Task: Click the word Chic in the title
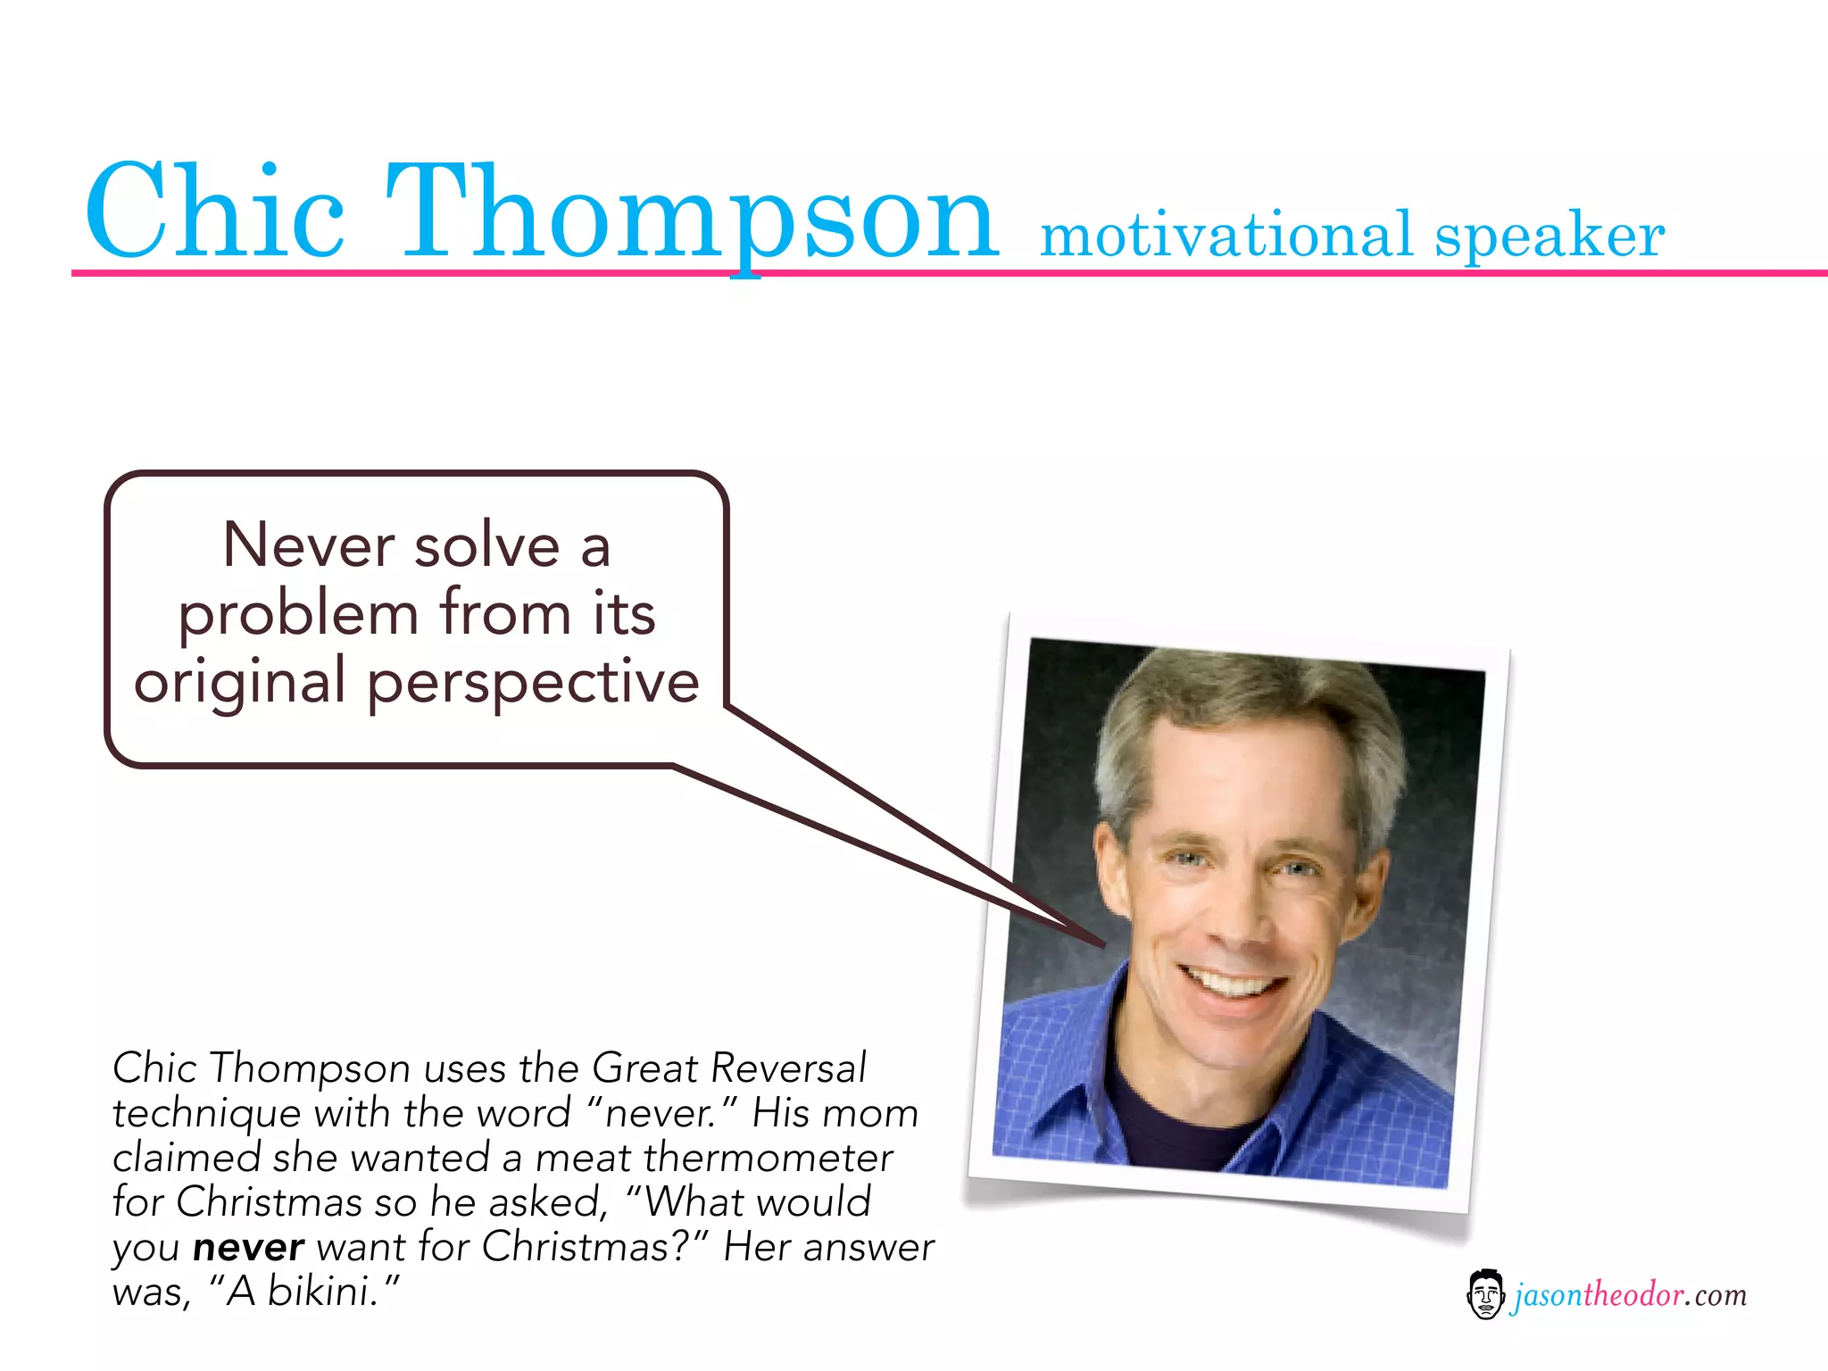[x=214, y=212]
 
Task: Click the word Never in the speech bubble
[x=308, y=544]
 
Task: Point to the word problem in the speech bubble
[x=298, y=614]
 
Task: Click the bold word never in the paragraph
[x=248, y=1247]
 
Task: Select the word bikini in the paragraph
[x=319, y=1292]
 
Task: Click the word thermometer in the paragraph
[x=768, y=1158]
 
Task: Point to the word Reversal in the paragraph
[x=788, y=1068]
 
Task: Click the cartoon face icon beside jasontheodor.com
[x=1485, y=1294]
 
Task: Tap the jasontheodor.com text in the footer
[x=1628, y=1295]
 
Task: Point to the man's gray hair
[x=1250, y=705]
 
